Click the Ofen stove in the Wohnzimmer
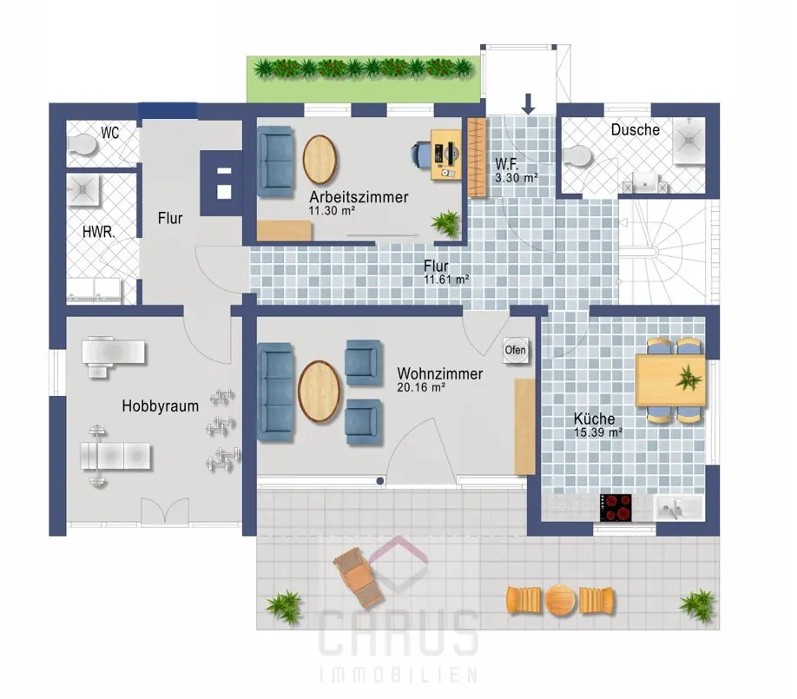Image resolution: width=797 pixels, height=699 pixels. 516,350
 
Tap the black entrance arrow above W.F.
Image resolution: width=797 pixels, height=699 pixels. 529,103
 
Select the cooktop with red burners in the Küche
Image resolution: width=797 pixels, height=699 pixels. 616,507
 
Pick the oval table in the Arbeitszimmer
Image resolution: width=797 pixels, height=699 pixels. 319,160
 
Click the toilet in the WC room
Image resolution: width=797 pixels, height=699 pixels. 82,145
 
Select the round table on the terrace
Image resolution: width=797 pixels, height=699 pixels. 560,600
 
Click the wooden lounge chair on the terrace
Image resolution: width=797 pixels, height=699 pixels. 358,577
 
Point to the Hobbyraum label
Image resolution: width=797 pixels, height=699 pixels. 160,406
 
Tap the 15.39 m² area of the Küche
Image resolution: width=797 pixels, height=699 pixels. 598,432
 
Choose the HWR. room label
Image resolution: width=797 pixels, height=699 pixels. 99,233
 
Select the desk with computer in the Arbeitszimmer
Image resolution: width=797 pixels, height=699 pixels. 445,155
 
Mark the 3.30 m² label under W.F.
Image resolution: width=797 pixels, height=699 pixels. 517,178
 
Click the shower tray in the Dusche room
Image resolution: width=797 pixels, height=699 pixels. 689,141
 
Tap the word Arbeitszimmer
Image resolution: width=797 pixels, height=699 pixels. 359,197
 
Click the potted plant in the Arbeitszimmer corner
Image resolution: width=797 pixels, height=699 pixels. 445,223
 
